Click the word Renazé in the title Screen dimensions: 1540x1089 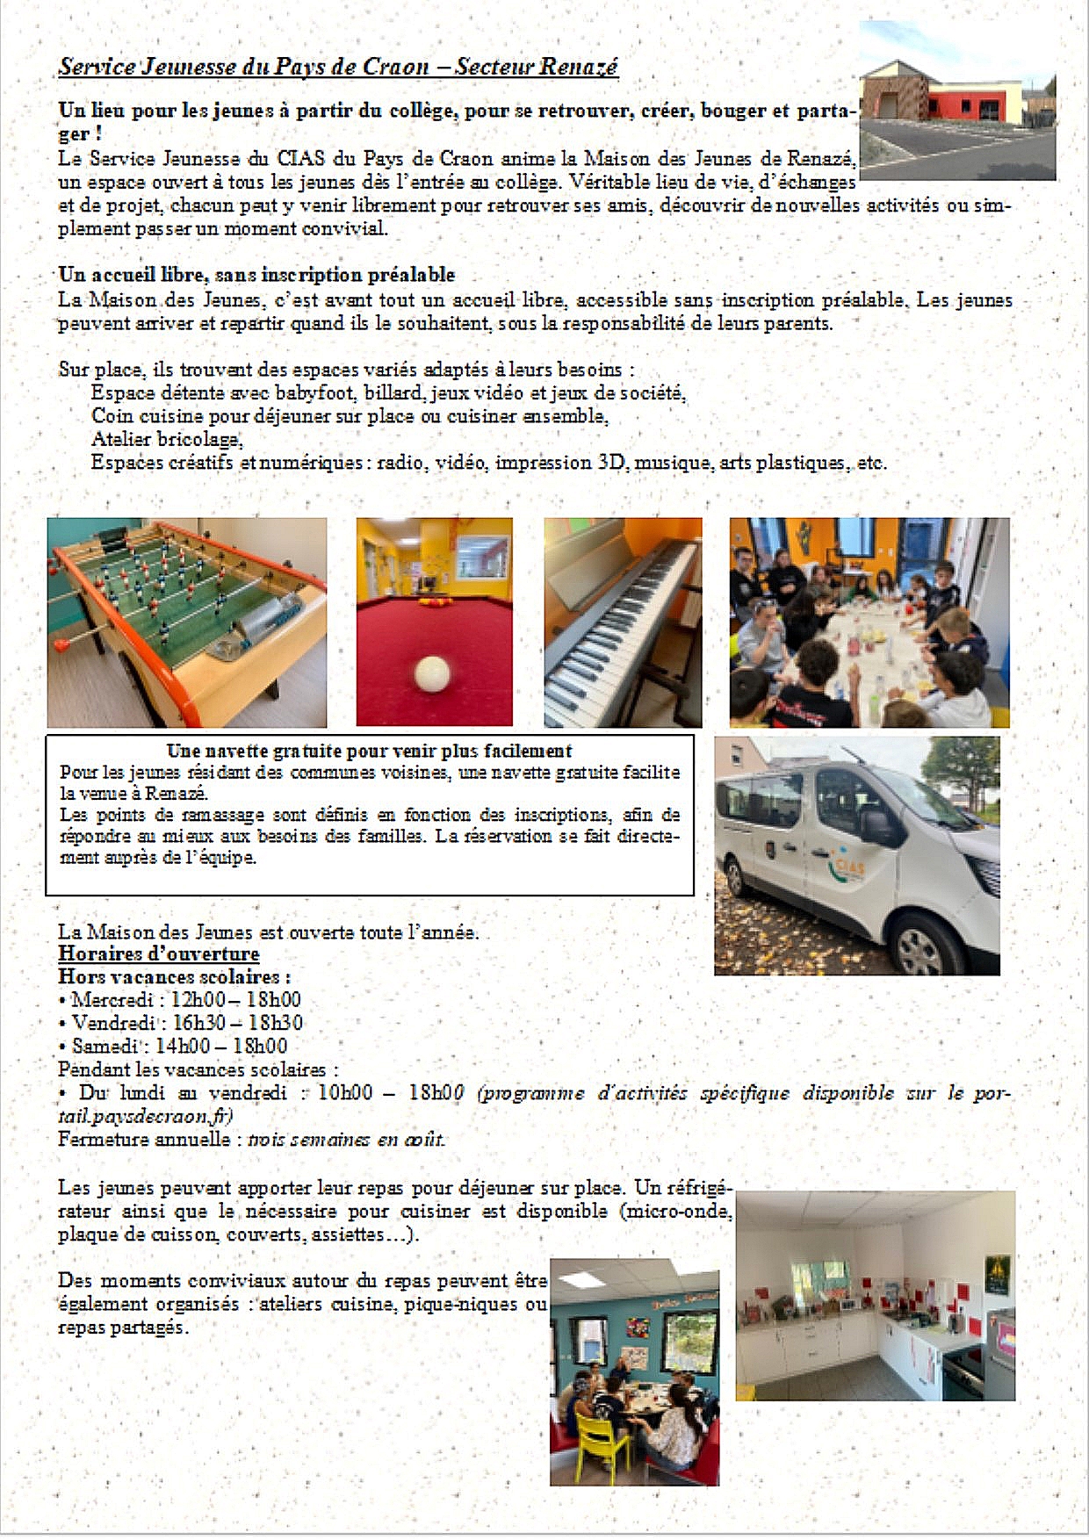579,67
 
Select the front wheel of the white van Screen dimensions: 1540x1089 919,946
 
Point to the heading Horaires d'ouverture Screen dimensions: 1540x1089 159,954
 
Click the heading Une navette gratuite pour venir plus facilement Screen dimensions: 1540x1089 369,751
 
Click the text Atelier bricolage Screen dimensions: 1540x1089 166,439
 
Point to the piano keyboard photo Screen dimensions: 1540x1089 623,622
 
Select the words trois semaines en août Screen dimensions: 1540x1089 347,1140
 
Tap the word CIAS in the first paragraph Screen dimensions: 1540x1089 301,159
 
